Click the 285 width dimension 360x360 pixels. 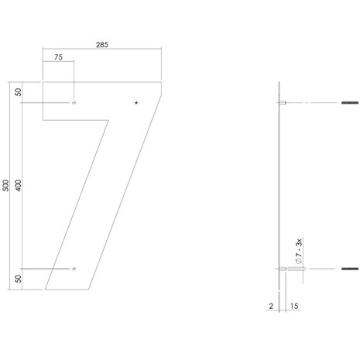coord(101,44)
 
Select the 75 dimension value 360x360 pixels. coord(59,57)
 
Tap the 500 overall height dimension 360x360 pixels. coord(6,185)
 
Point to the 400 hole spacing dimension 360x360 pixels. coord(19,185)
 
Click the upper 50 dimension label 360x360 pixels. coord(19,92)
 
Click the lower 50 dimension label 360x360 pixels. coord(19,279)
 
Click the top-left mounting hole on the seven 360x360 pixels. coord(74,103)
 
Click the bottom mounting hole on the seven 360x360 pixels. coord(74,269)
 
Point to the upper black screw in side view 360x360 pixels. coord(347,103)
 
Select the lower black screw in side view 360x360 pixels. coord(347,269)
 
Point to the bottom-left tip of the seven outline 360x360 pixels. coord(45,289)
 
